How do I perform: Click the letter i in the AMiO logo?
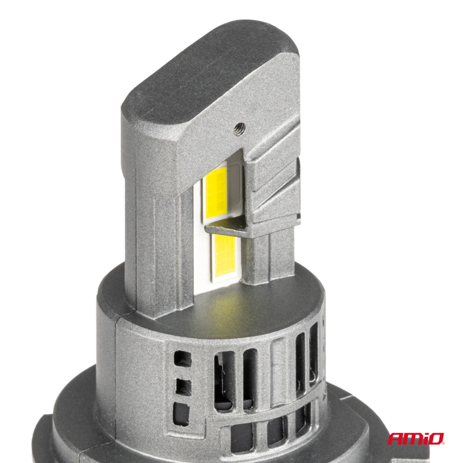(424, 439)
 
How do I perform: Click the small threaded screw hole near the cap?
(240, 129)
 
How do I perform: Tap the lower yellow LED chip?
(225, 255)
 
